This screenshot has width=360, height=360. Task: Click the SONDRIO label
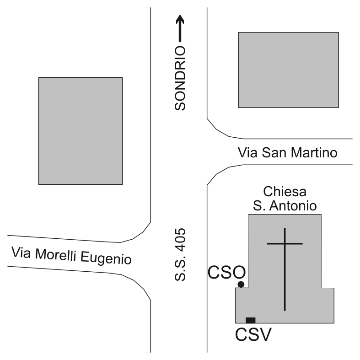[x=180, y=78]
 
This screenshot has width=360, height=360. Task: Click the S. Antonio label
[x=285, y=205]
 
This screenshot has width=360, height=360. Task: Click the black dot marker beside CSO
[x=241, y=285]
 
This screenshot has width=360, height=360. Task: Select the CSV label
[x=253, y=334]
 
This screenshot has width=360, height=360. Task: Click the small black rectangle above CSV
[x=251, y=320]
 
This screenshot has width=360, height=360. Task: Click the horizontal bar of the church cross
[x=285, y=244]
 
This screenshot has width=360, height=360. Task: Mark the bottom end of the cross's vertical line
[x=285, y=309]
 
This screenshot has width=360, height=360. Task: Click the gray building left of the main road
[x=81, y=131]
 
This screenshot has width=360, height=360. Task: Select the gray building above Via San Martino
[x=288, y=70]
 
